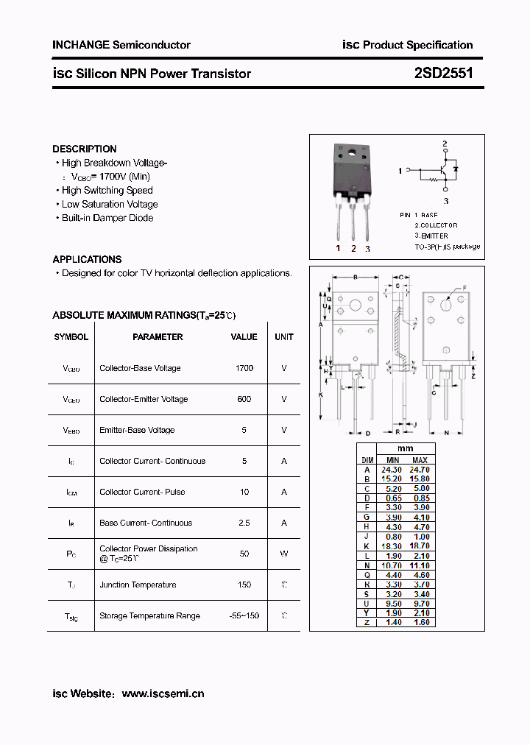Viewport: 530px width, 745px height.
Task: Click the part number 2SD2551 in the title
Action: click(x=444, y=73)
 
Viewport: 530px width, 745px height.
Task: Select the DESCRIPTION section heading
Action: click(x=84, y=149)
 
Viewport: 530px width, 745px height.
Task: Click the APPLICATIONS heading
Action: click(x=87, y=259)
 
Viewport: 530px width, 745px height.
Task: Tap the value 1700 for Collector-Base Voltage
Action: click(x=244, y=368)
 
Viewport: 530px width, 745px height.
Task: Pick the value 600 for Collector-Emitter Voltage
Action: click(x=244, y=399)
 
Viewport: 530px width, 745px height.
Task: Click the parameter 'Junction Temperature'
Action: click(x=138, y=585)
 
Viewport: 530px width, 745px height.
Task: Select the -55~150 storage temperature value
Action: click(x=244, y=615)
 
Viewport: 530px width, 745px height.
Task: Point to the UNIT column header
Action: click(x=284, y=337)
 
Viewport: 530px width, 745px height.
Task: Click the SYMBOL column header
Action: click(x=71, y=337)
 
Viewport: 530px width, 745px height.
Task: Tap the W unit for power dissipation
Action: click(x=284, y=554)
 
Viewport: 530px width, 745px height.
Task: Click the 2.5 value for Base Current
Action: click(x=244, y=523)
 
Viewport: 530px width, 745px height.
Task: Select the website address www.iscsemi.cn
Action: click(x=163, y=693)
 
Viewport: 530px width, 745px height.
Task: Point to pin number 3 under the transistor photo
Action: click(x=367, y=249)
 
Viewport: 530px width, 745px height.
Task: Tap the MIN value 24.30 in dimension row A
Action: click(x=391, y=469)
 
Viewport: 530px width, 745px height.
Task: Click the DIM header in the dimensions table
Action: click(x=367, y=459)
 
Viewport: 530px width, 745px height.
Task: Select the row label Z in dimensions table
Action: click(x=367, y=622)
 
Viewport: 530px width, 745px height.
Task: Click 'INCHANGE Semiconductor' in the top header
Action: click(x=121, y=45)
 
